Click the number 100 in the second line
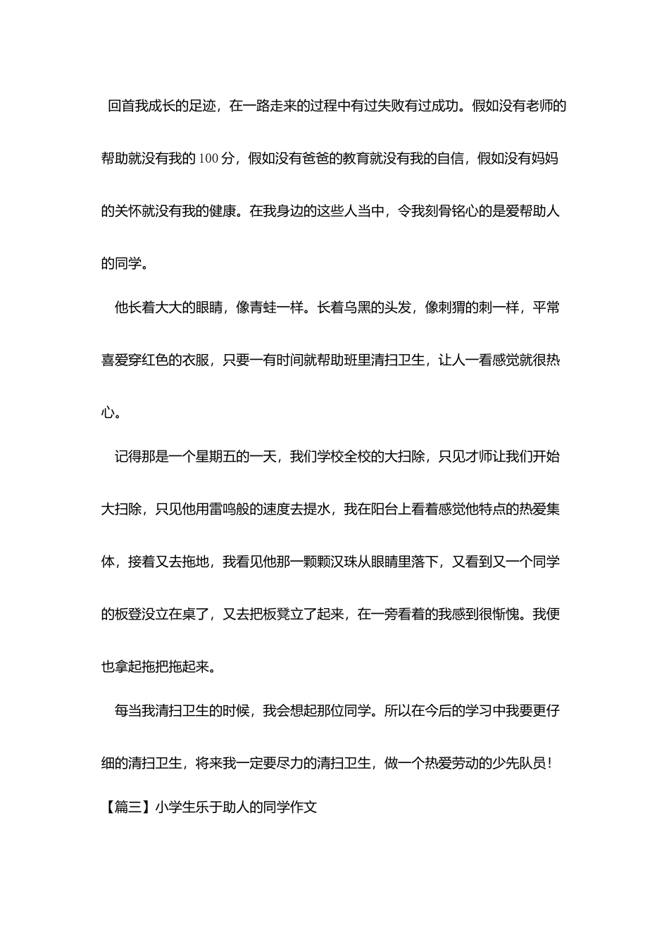pos(209,159)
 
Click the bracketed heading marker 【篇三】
pos(127,807)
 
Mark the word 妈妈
pos(546,159)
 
